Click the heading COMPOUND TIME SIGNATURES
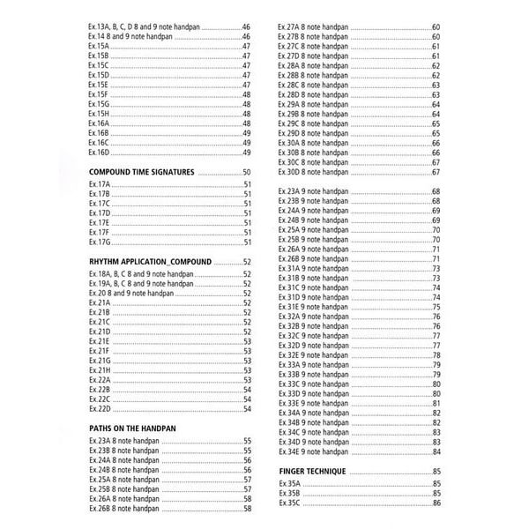pyautogui.click(x=141, y=172)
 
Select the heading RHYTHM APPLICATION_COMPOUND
pyautogui.click(x=151, y=263)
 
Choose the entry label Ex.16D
pyautogui.click(x=99, y=153)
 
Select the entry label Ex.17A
pyautogui.click(x=99, y=183)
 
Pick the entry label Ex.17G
pyautogui.click(x=99, y=242)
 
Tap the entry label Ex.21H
pyautogui.click(x=99, y=370)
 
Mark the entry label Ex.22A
pyautogui.click(x=99, y=380)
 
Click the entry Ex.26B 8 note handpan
pyautogui.click(x=124, y=509)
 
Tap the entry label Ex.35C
pyautogui.click(x=289, y=503)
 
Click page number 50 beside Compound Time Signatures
pyautogui.click(x=247, y=172)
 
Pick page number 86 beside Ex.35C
pyautogui.click(x=436, y=503)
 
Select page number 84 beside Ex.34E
pyautogui.click(x=436, y=451)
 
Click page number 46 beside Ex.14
pyautogui.click(x=247, y=37)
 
